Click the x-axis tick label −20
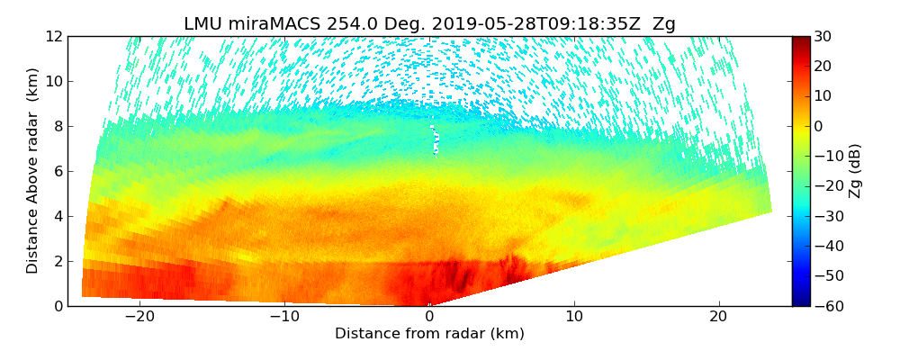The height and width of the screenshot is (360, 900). pyautogui.click(x=139, y=317)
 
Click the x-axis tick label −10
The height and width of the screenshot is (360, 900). pyautogui.click(x=284, y=317)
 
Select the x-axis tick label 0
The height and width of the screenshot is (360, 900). pyautogui.click(x=429, y=317)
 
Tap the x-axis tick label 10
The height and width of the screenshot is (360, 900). pyautogui.click(x=574, y=317)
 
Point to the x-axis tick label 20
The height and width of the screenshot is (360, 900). pyautogui.click(x=718, y=317)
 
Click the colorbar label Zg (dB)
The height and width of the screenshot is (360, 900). pyautogui.click(x=856, y=171)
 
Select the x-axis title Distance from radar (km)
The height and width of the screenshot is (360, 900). pyautogui.click(x=429, y=334)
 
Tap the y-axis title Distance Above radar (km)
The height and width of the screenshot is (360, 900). pyautogui.click(x=32, y=171)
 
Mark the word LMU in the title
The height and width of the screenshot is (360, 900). pyautogui.click(x=202, y=24)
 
